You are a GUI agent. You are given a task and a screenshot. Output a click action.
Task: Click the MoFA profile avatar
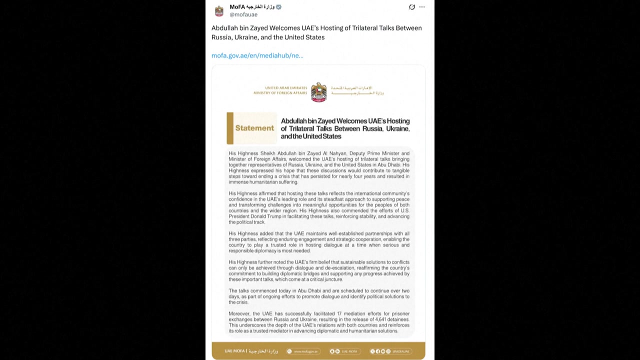coord(219,10)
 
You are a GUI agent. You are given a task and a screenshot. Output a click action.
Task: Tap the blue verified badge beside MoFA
coord(278,7)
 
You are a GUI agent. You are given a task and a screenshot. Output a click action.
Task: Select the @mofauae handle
coord(243,15)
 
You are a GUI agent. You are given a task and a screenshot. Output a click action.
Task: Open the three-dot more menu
coord(422,7)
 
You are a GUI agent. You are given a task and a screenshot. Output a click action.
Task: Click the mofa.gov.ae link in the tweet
coord(257,55)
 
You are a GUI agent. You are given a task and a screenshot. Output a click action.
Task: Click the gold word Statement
coord(254,128)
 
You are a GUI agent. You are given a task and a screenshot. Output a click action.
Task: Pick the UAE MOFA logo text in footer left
coord(250,351)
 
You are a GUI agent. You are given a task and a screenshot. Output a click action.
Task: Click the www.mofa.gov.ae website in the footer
coord(305,351)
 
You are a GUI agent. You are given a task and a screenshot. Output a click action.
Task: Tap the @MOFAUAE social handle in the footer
coord(400,351)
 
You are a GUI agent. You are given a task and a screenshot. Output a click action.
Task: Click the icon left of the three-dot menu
coord(412,7)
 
